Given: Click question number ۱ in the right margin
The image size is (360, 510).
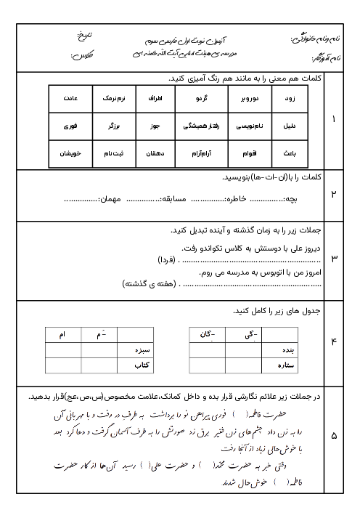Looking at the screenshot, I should [x=333, y=118].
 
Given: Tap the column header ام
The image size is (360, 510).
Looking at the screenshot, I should [x=62, y=333].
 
